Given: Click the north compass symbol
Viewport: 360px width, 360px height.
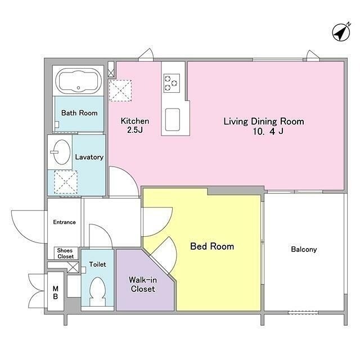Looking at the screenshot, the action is point(341,32).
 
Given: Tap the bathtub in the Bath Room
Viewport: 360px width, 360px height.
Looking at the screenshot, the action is point(79,80).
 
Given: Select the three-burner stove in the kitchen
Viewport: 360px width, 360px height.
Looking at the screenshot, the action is point(172,83).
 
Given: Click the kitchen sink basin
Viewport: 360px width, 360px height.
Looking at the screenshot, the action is point(173,119).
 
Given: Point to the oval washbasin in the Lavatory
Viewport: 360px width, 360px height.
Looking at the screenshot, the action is point(61,152).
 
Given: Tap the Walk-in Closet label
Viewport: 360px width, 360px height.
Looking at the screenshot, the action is point(143,284).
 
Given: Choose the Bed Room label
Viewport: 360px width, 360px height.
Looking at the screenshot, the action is point(212,246).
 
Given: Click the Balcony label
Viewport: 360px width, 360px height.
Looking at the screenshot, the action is point(304,249).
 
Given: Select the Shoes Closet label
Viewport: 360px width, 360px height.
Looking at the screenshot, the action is point(65,253).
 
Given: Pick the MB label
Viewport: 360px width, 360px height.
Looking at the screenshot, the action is point(55,292).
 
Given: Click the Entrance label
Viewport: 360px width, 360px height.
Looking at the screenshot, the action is point(64,222).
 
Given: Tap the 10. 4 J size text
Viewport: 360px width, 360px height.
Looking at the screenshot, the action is point(268,131).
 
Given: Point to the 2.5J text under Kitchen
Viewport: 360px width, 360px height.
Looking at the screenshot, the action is point(135,130).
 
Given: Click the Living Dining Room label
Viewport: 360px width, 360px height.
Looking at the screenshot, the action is point(264,121).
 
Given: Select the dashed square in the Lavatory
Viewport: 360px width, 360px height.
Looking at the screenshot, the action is point(66,182).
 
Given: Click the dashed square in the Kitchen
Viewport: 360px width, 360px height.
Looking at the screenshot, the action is point(120,91).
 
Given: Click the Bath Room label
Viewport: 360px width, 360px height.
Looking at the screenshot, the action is point(79,113).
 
